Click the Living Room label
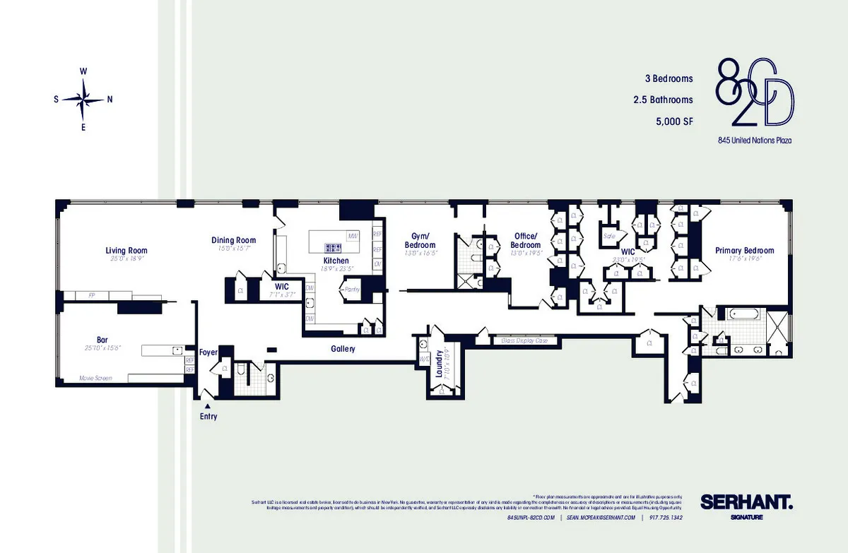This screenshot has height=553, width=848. tap(126, 250)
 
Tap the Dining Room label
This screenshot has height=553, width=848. tap(233, 240)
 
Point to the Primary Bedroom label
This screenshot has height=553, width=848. tap(744, 250)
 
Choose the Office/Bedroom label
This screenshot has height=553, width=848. tap(525, 240)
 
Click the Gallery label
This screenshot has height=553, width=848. tap(343, 349)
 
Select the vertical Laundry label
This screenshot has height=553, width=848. tap(439, 365)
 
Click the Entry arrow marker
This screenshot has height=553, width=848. tap(207, 406)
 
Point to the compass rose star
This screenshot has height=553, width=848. tap(83, 99)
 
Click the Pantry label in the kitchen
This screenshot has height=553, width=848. tap(351, 289)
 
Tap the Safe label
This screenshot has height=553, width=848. tap(608, 236)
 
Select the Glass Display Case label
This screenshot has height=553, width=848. tap(524, 340)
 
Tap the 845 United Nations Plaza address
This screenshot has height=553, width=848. tap(754, 141)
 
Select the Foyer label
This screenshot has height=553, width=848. tap(208, 352)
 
